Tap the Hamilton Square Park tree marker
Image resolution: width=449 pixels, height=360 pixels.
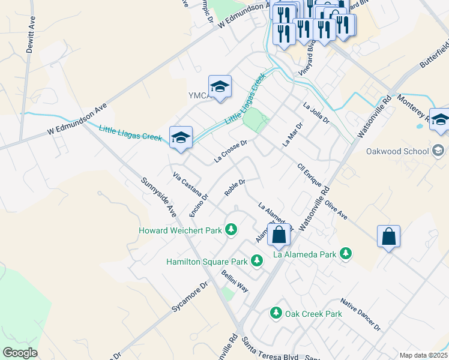(x=257, y=261)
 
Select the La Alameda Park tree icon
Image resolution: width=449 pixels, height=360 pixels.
(x=345, y=254)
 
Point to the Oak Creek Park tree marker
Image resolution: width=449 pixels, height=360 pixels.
(x=276, y=313)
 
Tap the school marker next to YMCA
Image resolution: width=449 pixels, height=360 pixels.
(x=220, y=88)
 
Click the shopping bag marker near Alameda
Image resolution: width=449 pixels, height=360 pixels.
(x=279, y=235)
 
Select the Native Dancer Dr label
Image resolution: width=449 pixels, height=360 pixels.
(x=360, y=314)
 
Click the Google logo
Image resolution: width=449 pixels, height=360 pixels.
(x=20, y=353)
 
